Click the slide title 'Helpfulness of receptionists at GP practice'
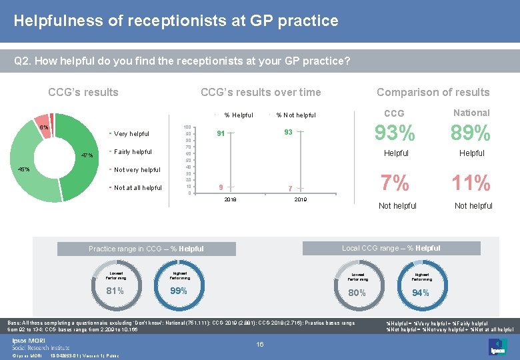click(x=176, y=21)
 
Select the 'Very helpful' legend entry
click(x=131, y=134)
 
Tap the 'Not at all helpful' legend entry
click(x=137, y=188)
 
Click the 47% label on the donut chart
click(x=87, y=156)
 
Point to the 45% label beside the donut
click(x=23, y=169)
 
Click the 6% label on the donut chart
click(x=43, y=127)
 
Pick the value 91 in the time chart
click(x=221, y=133)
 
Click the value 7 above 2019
click(x=289, y=189)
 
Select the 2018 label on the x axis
click(x=230, y=199)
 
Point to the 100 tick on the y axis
click(x=188, y=127)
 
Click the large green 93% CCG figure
click(x=395, y=134)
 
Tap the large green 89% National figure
click(x=471, y=134)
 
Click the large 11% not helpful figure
click(x=471, y=183)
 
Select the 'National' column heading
click(x=471, y=113)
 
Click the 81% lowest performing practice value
click(x=115, y=291)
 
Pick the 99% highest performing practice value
click(x=179, y=291)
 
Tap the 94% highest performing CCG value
click(x=421, y=293)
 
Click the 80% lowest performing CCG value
click(x=357, y=293)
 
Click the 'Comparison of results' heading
click(x=433, y=93)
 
